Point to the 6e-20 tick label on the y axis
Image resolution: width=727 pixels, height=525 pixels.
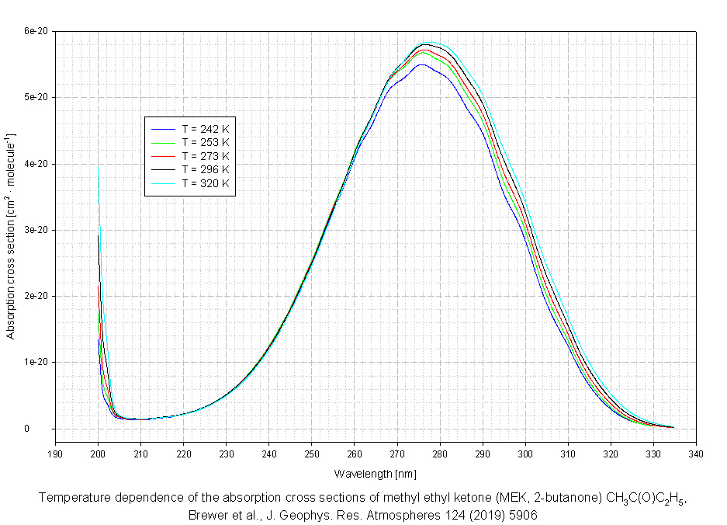pos(36,31)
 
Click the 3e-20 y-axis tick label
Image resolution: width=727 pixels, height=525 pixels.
pos(36,230)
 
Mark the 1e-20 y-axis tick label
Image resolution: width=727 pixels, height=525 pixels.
pos(36,363)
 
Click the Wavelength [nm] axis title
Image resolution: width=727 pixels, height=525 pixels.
pos(376,473)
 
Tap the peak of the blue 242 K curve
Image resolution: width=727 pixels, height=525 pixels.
pos(421,64)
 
